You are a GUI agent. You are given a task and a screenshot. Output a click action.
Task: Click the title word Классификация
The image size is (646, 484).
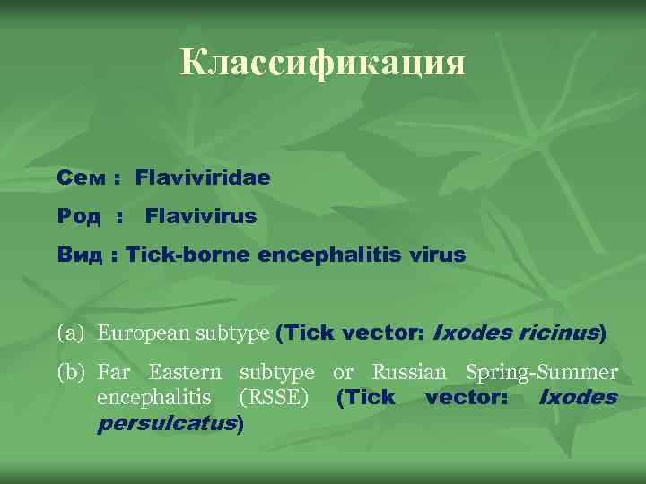pyautogui.click(x=323, y=64)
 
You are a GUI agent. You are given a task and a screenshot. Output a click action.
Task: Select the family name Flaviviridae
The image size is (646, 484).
pyautogui.click(x=203, y=177)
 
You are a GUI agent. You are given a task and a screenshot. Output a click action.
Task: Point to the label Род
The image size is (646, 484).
pyautogui.click(x=79, y=216)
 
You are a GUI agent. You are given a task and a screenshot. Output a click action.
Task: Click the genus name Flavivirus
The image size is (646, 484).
pyautogui.click(x=201, y=216)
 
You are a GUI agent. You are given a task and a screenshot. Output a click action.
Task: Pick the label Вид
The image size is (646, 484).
pyautogui.click(x=79, y=255)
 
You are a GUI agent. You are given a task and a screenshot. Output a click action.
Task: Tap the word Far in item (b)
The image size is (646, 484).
pyautogui.click(x=114, y=372)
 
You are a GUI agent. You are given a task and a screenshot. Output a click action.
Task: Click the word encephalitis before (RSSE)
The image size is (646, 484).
pyautogui.click(x=154, y=397)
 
